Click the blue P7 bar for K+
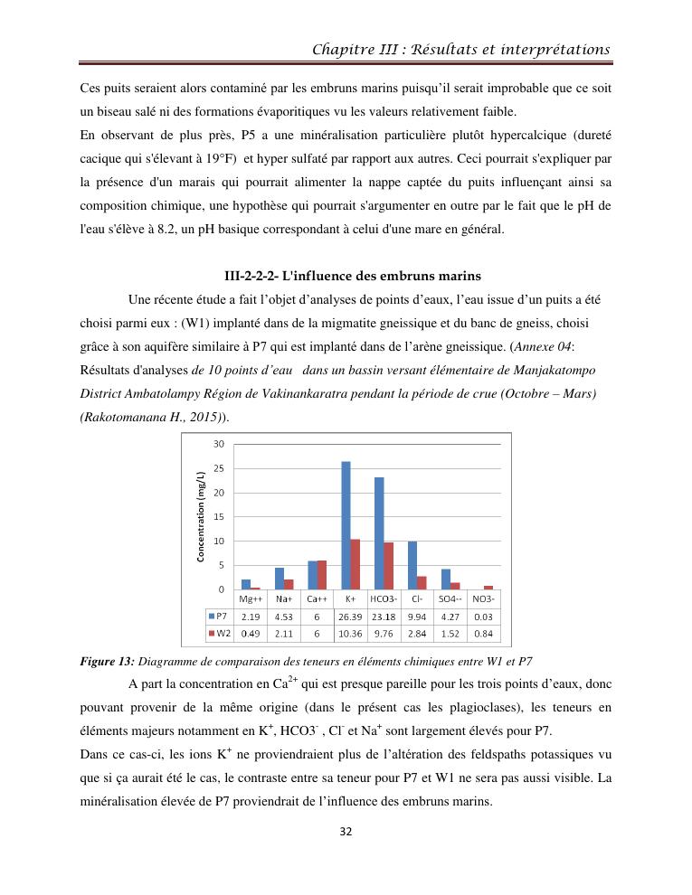[x=346, y=525]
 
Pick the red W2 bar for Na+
[x=289, y=584]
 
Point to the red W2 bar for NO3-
[x=488, y=588]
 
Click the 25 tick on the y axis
[x=219, y=468]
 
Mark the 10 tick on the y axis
[x=219, y=541]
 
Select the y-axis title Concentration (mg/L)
[x=201, y=517]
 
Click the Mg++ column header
[x=251, y=599]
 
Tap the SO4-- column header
[x=450, y=599]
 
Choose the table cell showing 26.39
[x=351, y=616]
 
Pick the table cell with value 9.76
[x=384, y=633]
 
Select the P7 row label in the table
[x=222, y=616]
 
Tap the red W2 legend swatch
[x=212, y=633]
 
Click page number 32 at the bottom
[x=346, y=857]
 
